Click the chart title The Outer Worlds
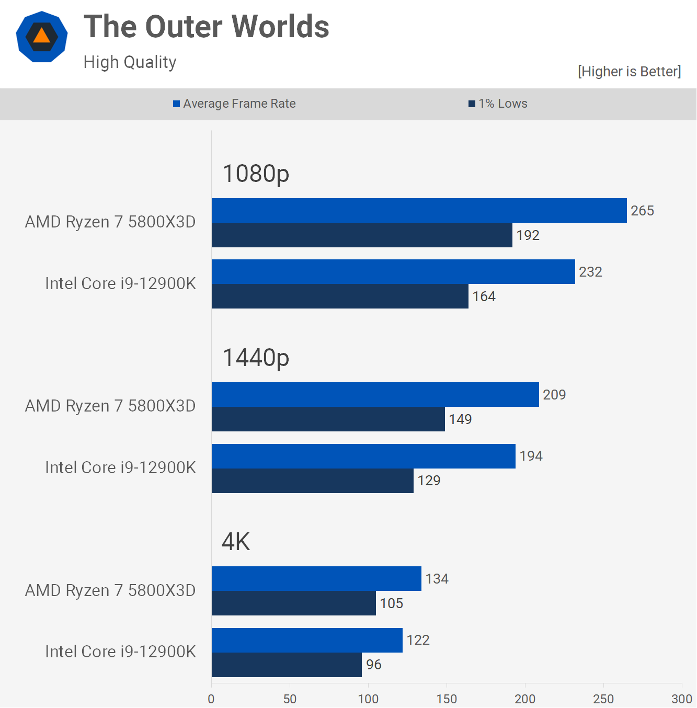207,27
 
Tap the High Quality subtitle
130,62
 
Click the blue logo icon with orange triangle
42,37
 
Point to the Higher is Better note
629,72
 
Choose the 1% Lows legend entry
498,104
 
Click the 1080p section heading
256,174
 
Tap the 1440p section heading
256,358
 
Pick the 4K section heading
236,542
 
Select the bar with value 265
418,211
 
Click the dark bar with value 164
340,296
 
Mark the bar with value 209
375,395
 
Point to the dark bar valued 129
312,481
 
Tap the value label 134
437,579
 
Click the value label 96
374,665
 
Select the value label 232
590,272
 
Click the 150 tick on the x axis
447,699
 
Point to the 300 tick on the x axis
681,699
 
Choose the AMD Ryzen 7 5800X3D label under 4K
110,590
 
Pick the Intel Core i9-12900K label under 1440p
120,467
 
